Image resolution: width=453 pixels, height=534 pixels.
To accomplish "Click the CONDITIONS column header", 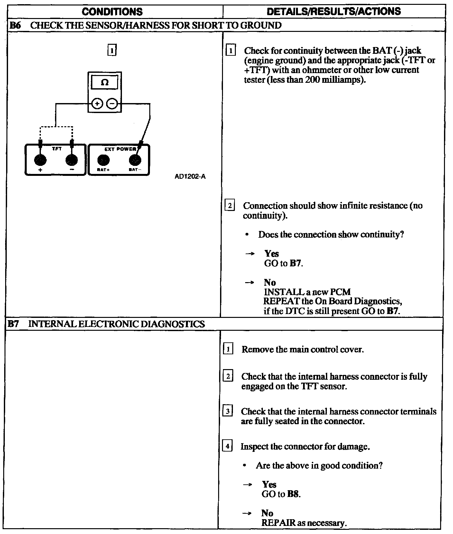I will click(x=112, y=12).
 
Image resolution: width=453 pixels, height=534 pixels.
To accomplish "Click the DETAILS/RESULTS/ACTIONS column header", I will click(x=334, y=12).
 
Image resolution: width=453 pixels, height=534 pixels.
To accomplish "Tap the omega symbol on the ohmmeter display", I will click(x=105, y=82).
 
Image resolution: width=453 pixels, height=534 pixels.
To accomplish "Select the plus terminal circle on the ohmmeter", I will click(x=97, y=104).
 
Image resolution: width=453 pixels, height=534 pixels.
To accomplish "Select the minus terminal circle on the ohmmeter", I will click(x=112, y=104).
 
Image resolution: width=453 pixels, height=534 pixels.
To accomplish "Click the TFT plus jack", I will click(x=40, y=160).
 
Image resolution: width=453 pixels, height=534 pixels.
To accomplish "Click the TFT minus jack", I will click(x=71, y=160).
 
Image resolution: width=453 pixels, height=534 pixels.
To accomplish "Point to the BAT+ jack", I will click(x=103, y=160).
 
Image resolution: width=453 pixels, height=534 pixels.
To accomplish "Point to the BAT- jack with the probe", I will click(x=135, y=160).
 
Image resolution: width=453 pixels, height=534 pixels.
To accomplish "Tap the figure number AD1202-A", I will click(x=190, y=176).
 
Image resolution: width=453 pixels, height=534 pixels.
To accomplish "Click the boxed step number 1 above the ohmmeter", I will click(x=112, y=50).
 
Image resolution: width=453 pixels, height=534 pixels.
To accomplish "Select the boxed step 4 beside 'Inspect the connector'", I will click(x=227, y=446).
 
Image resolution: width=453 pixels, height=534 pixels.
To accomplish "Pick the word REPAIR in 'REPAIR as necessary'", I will click(x=278, y=523).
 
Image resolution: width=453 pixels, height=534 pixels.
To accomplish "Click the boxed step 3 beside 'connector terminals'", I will click(x=227, y=411).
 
